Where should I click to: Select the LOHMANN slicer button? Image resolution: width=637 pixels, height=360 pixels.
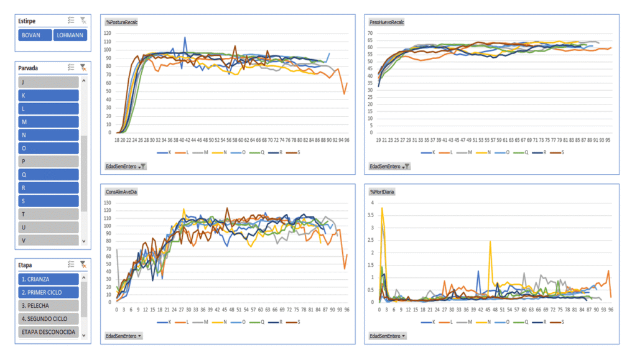coord(70,35)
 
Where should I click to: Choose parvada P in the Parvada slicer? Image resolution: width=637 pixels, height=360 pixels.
coord(49,161)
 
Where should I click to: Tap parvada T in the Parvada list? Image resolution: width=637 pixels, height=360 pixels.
coord(49,214)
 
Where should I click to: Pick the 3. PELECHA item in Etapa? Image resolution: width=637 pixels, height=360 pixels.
coord(49,305)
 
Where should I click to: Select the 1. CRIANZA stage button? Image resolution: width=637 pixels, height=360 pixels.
coord(49,279)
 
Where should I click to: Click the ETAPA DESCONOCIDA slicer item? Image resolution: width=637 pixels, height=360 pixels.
coord(49,332)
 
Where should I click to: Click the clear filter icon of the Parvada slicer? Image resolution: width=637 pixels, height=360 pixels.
coord(83,67)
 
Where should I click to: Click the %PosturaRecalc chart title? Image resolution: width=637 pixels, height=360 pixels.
coord(122,22)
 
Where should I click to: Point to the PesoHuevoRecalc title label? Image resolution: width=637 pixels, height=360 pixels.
coord(386,22)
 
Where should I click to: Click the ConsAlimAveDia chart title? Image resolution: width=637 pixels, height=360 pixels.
coord(122,192)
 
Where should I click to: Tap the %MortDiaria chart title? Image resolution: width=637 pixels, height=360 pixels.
coord(381,192)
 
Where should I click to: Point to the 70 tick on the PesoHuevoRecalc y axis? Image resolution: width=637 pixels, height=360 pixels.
coord(370,33)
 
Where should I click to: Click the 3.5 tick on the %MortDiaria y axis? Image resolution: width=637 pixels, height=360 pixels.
coord(371,228)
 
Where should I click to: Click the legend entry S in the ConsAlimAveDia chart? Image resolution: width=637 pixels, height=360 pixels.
coord(297,322)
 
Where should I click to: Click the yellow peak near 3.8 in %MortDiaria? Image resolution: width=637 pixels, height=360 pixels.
coord(382,209)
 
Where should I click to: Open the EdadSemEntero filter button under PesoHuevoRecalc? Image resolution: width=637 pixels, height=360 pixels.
coord(389,166)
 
